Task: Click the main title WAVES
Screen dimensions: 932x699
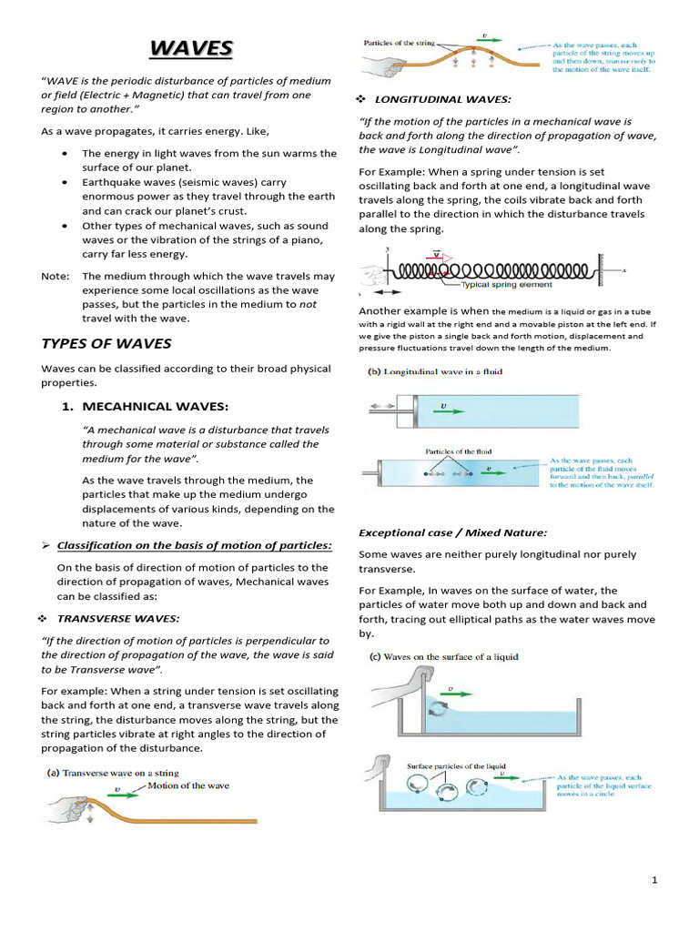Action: [191, 48]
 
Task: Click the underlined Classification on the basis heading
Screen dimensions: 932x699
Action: [194, 545]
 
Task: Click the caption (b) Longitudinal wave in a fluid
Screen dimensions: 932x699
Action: [434, 371]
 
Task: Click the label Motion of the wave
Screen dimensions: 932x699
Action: [188, 785]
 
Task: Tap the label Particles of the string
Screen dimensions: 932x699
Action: [400, 43]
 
